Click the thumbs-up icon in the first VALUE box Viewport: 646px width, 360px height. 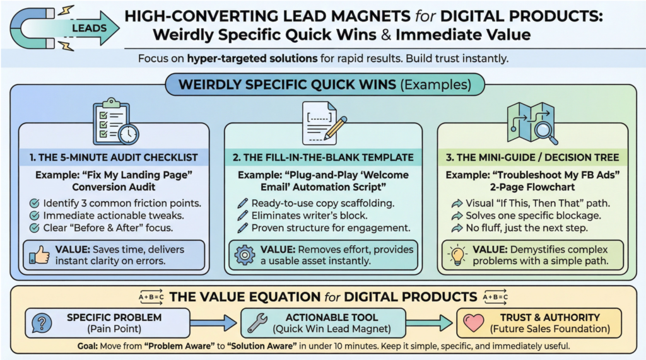click(x=39, y=254)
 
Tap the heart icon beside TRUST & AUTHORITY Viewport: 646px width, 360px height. click(x=473, y=323)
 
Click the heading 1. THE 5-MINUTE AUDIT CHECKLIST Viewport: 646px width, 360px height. click(x=117, y=157)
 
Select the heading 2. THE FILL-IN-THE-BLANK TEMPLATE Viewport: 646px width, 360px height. click(x=323, y=157)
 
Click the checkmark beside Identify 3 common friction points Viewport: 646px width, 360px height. click(x=35, y=203)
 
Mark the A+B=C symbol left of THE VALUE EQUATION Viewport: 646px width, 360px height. click(x=151, y=297)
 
